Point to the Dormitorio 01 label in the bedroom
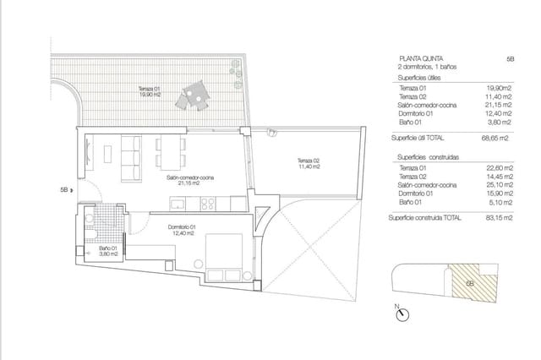[x=181, y=228]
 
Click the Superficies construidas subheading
[x=424, y=156]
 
